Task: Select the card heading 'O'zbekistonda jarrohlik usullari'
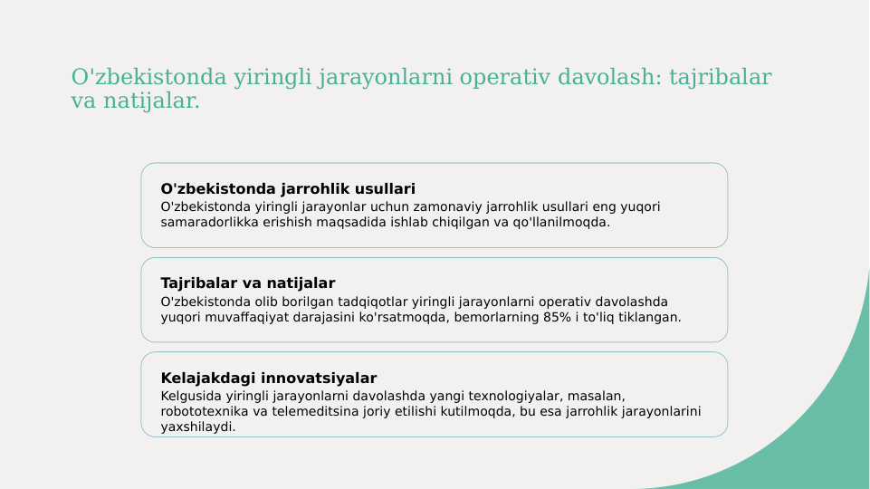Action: [288, 189]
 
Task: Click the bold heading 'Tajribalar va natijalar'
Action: [248, 283]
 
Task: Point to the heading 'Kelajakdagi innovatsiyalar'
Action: [269, 379]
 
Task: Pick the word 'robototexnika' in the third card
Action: [203, 412]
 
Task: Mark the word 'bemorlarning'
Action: [493, 318]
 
